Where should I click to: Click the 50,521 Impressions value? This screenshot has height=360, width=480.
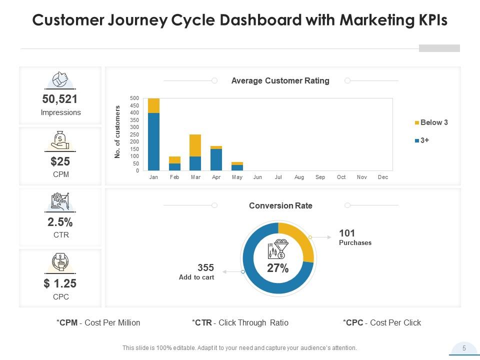(60, 99)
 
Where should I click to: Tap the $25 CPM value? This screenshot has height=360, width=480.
(60, 161)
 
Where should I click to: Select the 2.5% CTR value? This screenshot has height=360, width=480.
(60, 222)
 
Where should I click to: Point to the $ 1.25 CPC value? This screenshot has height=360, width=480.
(60, 283)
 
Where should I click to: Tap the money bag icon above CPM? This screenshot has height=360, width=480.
(60, 140)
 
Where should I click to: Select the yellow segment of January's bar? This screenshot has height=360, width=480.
(153, 105)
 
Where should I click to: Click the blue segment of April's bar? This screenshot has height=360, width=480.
(216, 160)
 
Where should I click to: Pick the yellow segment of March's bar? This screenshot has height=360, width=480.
(195, 145)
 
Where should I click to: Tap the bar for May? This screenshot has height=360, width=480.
(237, 166)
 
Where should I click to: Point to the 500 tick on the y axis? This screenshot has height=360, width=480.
(134, 98)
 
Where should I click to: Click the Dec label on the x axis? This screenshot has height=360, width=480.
(383, 177)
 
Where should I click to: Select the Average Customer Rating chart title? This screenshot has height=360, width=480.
(280, 80)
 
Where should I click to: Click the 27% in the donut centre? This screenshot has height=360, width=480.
(277, 268)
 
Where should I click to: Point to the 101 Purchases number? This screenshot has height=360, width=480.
(347, 233)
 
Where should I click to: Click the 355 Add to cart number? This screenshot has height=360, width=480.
(205, 267)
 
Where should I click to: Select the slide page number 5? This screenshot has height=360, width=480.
(464, 348)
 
